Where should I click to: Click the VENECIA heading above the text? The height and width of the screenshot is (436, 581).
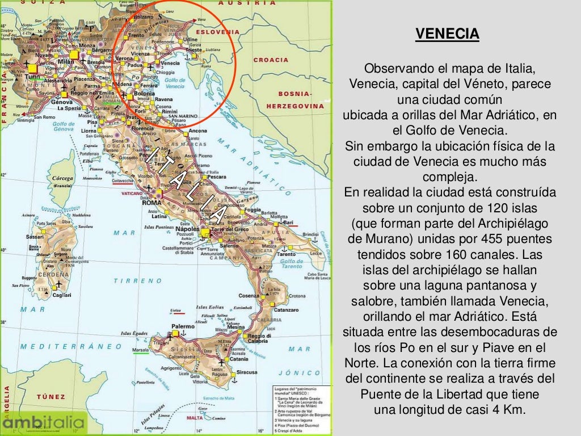coord(447,35)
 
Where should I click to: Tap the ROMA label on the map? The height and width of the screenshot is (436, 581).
coord(151,203)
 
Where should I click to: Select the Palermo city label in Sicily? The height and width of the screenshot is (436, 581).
coord(184,326)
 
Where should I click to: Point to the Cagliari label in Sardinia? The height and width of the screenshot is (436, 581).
coord(61,295)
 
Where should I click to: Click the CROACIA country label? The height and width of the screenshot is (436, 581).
coord(271,60)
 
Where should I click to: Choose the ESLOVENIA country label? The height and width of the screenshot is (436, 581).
coord(214,32)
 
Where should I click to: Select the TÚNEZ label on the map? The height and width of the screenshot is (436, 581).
coord(51,397)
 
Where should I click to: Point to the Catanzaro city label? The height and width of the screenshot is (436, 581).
coord(286,310)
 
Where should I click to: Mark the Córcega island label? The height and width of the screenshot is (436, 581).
coord(63,178)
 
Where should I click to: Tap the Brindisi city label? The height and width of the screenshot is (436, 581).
coord(311,234)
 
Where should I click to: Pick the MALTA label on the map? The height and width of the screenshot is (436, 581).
coord(195,417)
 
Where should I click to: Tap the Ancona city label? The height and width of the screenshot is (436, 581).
coord(197,131)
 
